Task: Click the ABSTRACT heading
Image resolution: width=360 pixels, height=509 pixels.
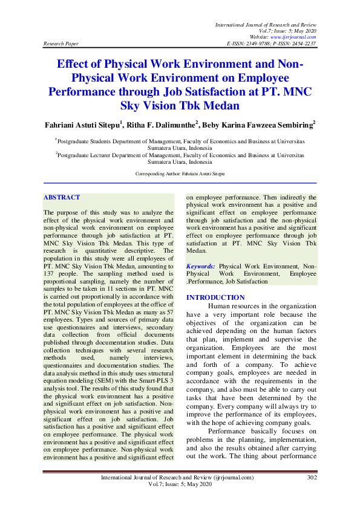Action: coord(62,198)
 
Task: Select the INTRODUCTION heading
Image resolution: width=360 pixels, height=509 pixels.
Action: coord(215,297)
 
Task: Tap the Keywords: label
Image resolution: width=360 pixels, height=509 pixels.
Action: coord(200,266)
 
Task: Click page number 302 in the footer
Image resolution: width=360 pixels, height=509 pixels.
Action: coord(312,478)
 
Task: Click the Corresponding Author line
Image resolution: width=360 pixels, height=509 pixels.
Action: coord(180,173)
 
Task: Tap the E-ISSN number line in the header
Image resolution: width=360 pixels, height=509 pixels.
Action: coord(271,44)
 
